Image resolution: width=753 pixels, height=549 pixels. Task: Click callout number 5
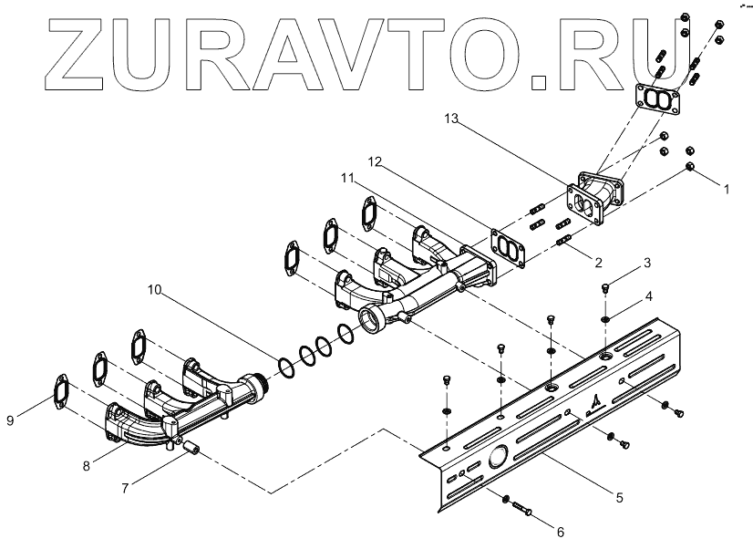619,497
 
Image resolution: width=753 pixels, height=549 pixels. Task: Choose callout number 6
560,530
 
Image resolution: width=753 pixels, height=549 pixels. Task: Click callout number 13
453,119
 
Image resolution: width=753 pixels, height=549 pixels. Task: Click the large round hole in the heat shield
500,458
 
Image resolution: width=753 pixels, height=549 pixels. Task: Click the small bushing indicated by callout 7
191,448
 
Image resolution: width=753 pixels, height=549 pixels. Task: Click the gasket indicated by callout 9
60,388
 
